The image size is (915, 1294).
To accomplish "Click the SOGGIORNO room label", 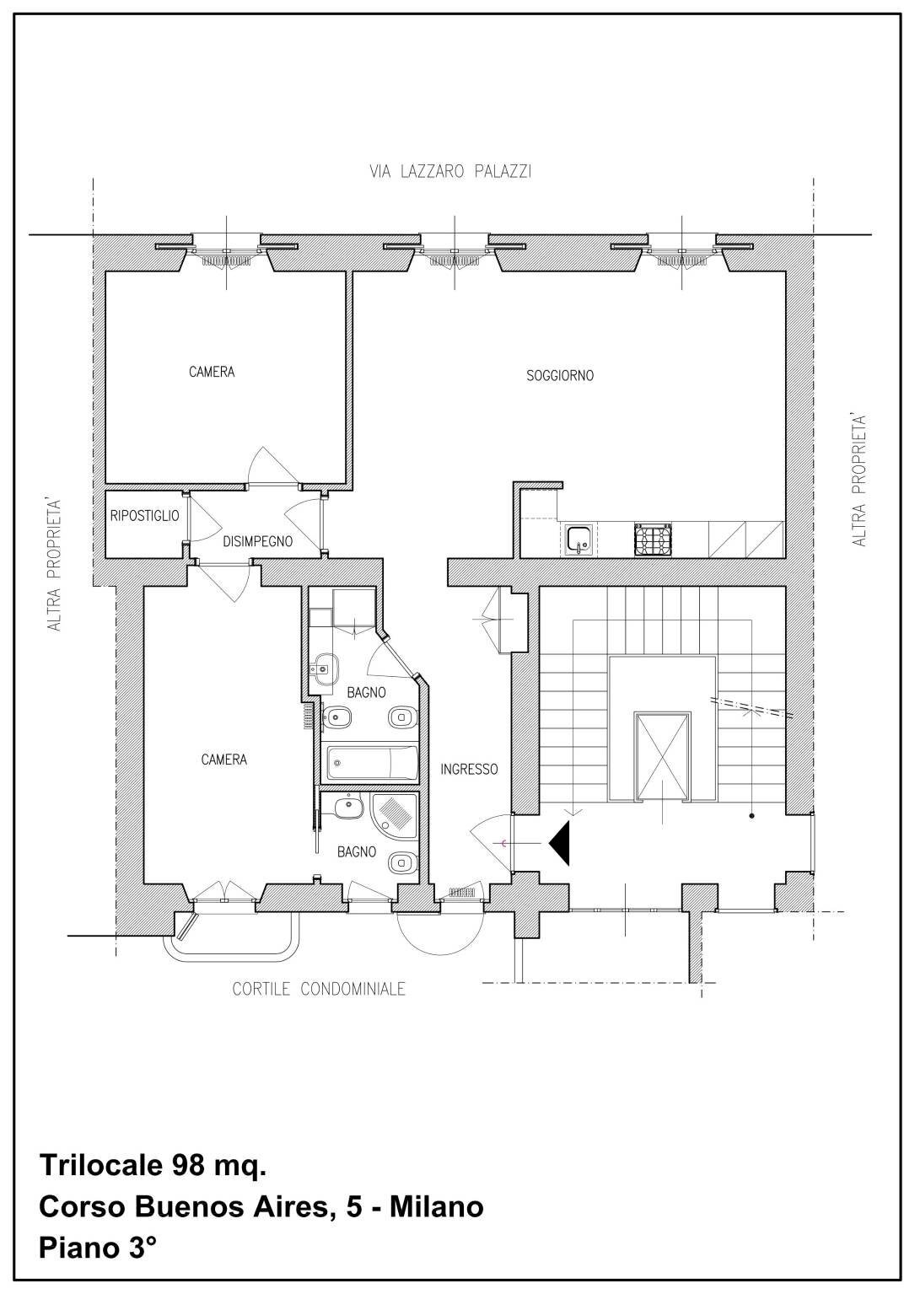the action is click(559, 375).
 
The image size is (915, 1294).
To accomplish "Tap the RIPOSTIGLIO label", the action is click(144, 515).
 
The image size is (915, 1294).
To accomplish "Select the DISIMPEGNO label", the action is click(258, 541).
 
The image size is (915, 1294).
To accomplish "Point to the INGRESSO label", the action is click(469, 769).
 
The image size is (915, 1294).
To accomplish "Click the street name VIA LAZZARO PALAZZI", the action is click(450, 172).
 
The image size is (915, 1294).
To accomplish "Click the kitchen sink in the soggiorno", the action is click(579, 539).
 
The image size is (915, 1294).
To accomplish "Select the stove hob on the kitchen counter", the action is click(654, 540).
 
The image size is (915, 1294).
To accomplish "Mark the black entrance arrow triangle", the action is click(561, 843).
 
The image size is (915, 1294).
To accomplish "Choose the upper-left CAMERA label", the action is click(212, 372).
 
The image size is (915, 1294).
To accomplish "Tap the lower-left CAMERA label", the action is click(223, 759).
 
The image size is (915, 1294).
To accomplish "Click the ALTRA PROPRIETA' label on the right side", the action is click(858, 480).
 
